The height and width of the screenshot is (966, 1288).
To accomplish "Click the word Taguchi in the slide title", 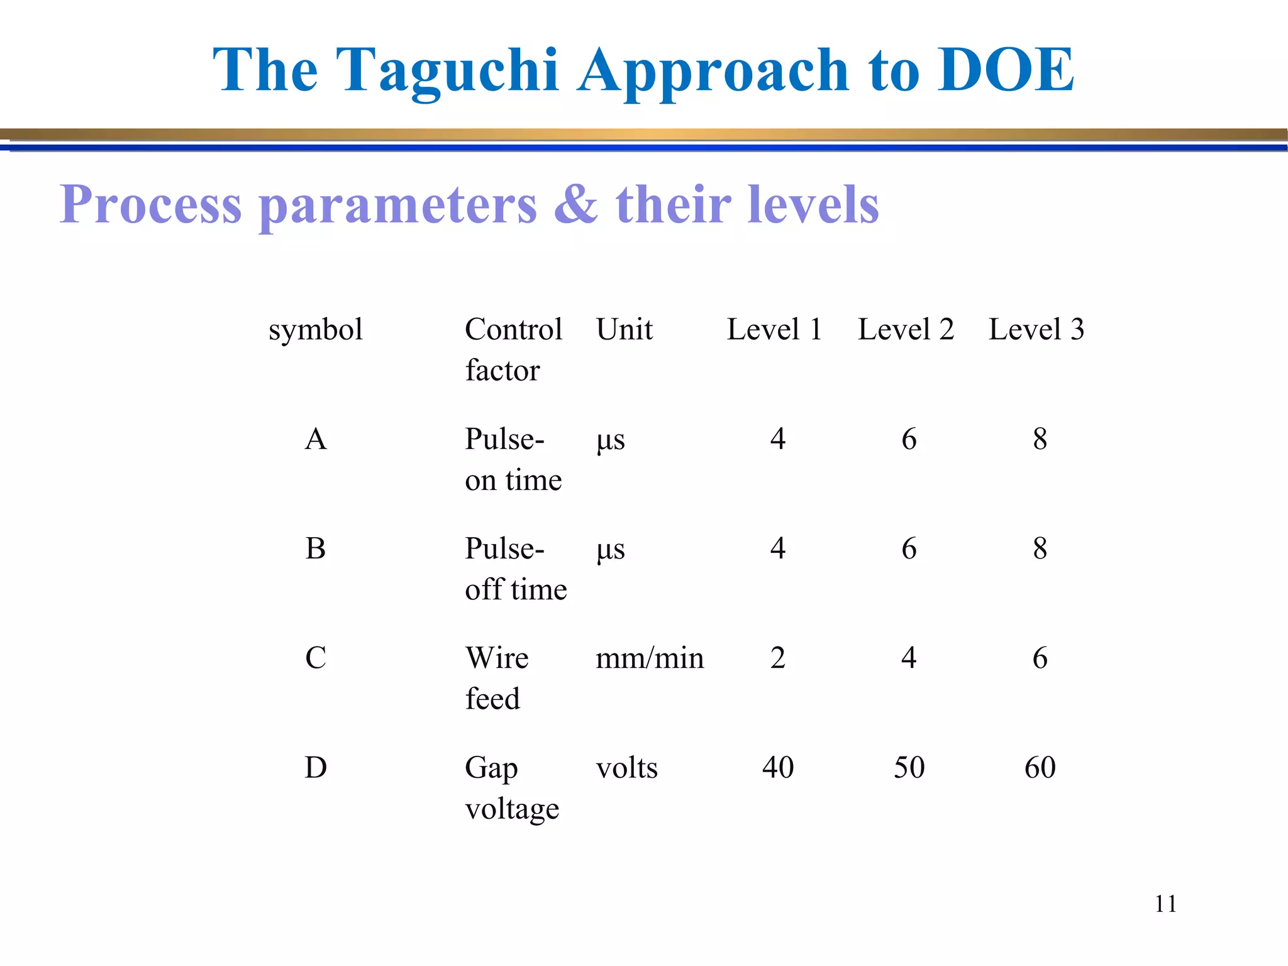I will coord(447,70).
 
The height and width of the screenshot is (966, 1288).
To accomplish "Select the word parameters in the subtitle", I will coord(398,205).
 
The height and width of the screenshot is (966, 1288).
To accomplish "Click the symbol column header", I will coord(315,330).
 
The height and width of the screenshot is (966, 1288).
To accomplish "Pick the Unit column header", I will coord(624,330).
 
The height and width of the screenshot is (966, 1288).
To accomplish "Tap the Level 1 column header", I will coord(774,330).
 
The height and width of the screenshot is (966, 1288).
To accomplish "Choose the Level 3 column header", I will coord(1036,330).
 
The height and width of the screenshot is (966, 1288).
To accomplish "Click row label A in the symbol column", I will coord(315,439).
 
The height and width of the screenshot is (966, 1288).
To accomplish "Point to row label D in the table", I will coord(315,767).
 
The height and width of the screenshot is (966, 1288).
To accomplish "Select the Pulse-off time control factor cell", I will coord(515,569).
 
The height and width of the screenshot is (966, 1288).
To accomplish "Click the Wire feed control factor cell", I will coord(496,678).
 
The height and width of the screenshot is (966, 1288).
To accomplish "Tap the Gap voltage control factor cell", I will coord(511,787).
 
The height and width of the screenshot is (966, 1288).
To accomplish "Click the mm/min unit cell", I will coord(650,658).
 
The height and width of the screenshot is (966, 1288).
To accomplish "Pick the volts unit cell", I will coord(626,768).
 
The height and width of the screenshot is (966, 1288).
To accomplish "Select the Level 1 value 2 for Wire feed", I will coord(778,658).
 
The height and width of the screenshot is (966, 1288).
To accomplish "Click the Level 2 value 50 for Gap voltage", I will coord(909,768).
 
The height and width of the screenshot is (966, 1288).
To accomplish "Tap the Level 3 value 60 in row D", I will coord(1040,768).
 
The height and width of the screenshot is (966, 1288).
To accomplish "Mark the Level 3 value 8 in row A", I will coord(1040,439).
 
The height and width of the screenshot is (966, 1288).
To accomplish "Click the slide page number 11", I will coord(1165,904).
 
